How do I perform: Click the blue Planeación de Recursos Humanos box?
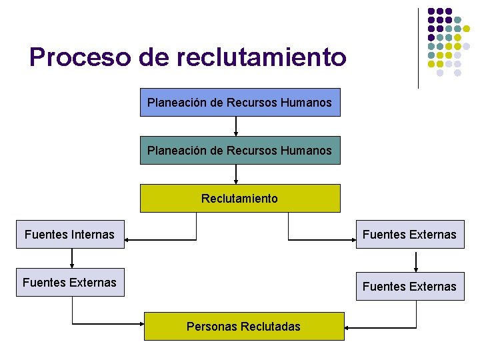tap(239, 103)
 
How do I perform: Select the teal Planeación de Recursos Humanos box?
tap(239, 151)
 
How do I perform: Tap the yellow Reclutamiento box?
tap(239, 198)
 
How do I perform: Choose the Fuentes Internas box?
tap(70, 235)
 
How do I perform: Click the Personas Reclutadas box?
tap(244, 326)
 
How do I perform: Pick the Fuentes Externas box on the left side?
tap(70, 283)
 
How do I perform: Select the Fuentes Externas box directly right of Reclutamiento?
tap(409, 235)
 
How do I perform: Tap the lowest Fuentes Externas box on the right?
tap(409, 287)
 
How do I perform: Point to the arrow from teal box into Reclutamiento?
tap(237, 174)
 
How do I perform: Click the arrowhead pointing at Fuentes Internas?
tap(128, 239)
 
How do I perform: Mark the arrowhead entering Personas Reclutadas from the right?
tap(348, 327)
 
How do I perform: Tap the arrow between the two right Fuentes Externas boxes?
tap(416, 260)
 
